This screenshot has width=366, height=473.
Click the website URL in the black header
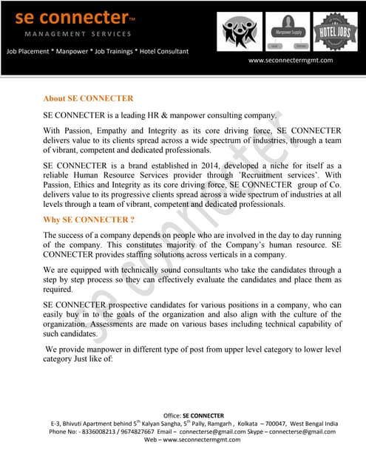(290, 61)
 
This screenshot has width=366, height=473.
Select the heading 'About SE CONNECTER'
(88, 98)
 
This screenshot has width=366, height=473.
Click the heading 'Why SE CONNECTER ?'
(89, 220)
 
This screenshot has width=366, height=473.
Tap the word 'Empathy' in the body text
(125, 131)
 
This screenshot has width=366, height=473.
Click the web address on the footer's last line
(192, 440)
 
